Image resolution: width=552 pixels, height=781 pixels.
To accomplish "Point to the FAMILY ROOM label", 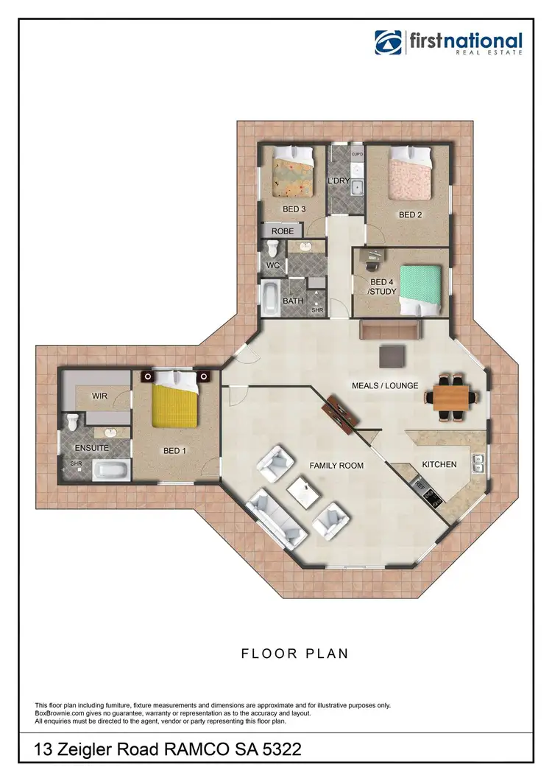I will pyautogui.click(x=336, y=466).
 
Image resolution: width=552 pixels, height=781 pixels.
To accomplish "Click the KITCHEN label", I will pyautogui.click(x=439, y=465).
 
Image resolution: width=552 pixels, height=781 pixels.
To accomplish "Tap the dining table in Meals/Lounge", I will pyautogui.click(x=450, y=399).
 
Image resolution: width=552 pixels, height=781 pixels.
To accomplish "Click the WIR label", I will pyautogui.click(x=100, y=396).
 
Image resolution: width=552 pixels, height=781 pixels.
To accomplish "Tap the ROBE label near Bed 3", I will pyautogui.click(x=283, y=231).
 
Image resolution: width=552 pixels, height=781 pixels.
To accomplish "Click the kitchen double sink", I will pyautogui.click(x=478, y=463).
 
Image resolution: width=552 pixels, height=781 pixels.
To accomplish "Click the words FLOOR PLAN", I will pyautogui.click(x=294, y=654).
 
